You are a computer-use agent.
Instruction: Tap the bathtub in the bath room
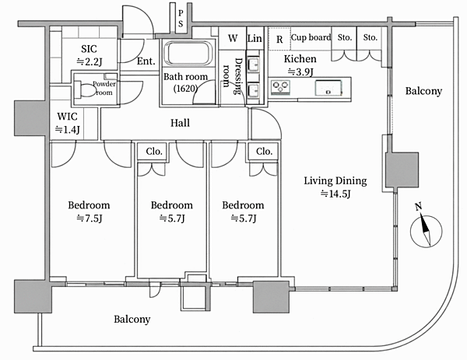coord(188,53)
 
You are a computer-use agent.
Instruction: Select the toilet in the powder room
coord(84,89)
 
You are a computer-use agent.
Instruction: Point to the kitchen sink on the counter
coord(328,88)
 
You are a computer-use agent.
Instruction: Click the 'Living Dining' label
coord(335,181)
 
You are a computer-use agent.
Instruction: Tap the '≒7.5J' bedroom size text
coord(90,218)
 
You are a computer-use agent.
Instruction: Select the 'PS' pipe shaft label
coord(181,18)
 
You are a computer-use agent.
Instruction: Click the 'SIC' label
coord(89,49)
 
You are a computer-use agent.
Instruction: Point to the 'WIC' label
coord(67,117)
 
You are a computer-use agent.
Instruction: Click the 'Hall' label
coord(180,123)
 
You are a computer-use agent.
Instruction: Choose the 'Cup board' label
coord(311,37)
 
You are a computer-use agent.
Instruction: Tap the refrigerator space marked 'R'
coord(279,39)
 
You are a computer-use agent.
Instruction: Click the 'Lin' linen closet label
coord(255,38)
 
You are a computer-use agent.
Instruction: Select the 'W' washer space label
coord(233,38)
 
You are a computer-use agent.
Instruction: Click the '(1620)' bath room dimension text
coord(185,89)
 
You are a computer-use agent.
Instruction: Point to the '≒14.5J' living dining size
coord(335,194)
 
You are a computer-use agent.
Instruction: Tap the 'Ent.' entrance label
coord(146,61)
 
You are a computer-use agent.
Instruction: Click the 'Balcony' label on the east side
coord(423,91)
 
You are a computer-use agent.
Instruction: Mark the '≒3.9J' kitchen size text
coord(300,72)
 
